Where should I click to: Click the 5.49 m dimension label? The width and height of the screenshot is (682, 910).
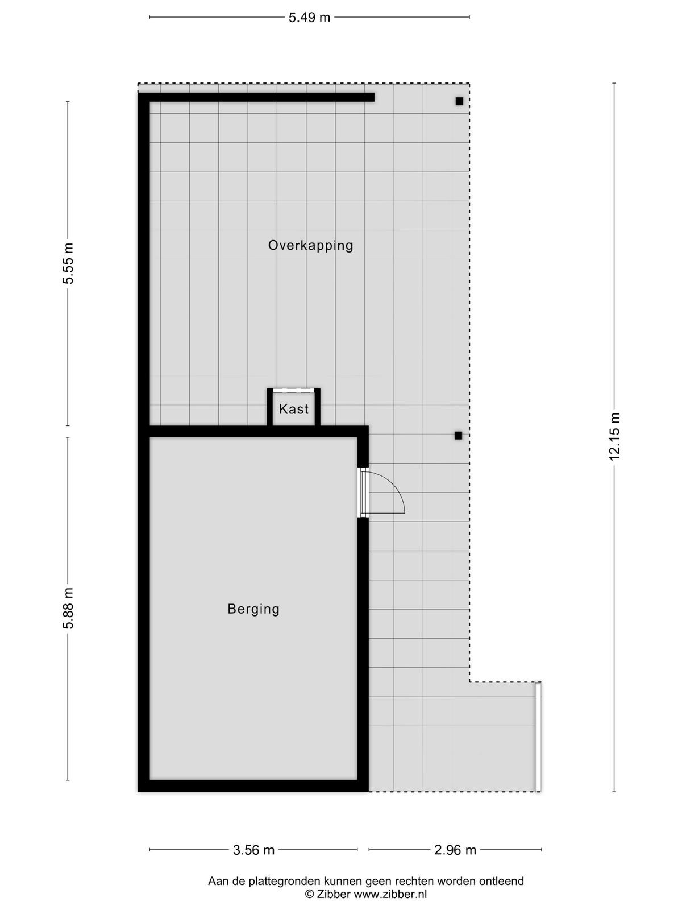[x=309, y=18]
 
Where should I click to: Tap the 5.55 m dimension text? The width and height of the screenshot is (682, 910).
[x=68, y=263]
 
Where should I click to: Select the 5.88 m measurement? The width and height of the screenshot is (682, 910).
[x=68, y=608]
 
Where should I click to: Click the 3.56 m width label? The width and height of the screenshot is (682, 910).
[x=253, y=850]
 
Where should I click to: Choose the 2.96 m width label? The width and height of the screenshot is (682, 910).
[x=455, y=850]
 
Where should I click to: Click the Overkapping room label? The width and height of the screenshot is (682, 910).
[x=310, y=246]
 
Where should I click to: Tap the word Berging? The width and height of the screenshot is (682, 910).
[x=253, y=609]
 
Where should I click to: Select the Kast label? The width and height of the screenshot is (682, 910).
[x=294, y=409]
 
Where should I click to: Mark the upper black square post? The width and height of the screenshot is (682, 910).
[x=459, y=101]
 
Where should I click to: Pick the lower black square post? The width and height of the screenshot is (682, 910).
[x=458, y=435]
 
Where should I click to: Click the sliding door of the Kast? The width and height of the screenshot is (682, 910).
[x=294, y=390]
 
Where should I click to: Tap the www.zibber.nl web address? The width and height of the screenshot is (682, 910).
[x=390, y=894]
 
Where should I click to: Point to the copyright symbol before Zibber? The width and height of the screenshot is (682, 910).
[x=309, y=895]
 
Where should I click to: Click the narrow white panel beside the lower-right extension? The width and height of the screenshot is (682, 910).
[x=538, y=737]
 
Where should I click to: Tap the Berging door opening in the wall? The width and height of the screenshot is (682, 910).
[x=363, y=493]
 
